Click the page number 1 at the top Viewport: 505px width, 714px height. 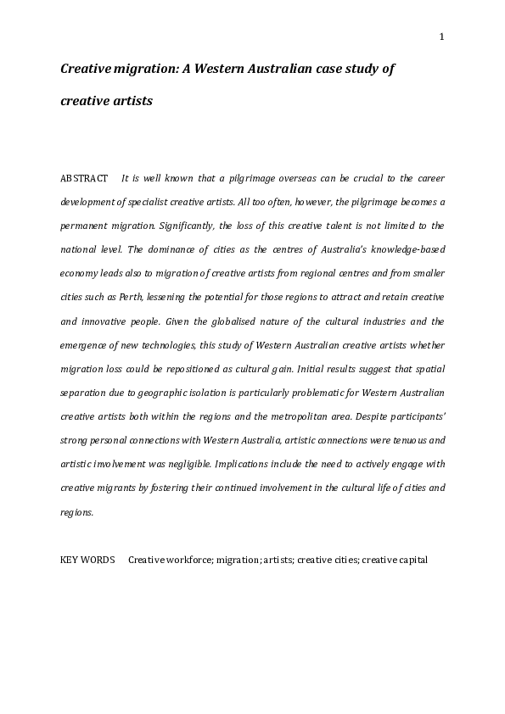(x=442, y=36)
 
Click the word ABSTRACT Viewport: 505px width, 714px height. (x=84, y=179)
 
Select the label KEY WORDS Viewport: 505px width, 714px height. (x=87, y=561)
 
